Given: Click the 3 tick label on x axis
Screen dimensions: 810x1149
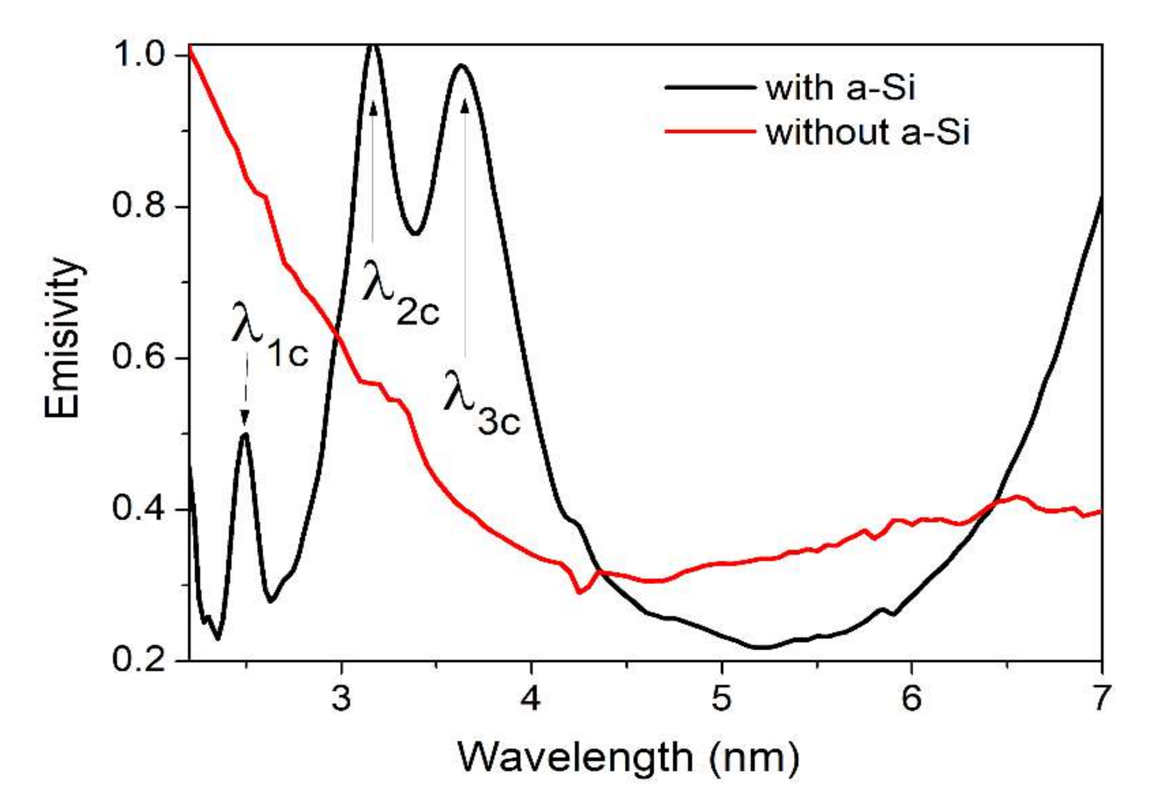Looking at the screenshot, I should coord(341,699).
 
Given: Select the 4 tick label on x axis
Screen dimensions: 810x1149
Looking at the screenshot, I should coord(531,699).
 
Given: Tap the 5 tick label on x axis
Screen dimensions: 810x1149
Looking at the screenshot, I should coord(721,699).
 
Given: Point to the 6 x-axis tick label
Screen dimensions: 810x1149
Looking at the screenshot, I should coord(911,699).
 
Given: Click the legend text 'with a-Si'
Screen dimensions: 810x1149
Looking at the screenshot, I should coord(840,89).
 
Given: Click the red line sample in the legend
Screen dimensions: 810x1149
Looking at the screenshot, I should coord(710,132).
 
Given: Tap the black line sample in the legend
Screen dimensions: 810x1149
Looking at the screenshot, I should coord(710,87).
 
